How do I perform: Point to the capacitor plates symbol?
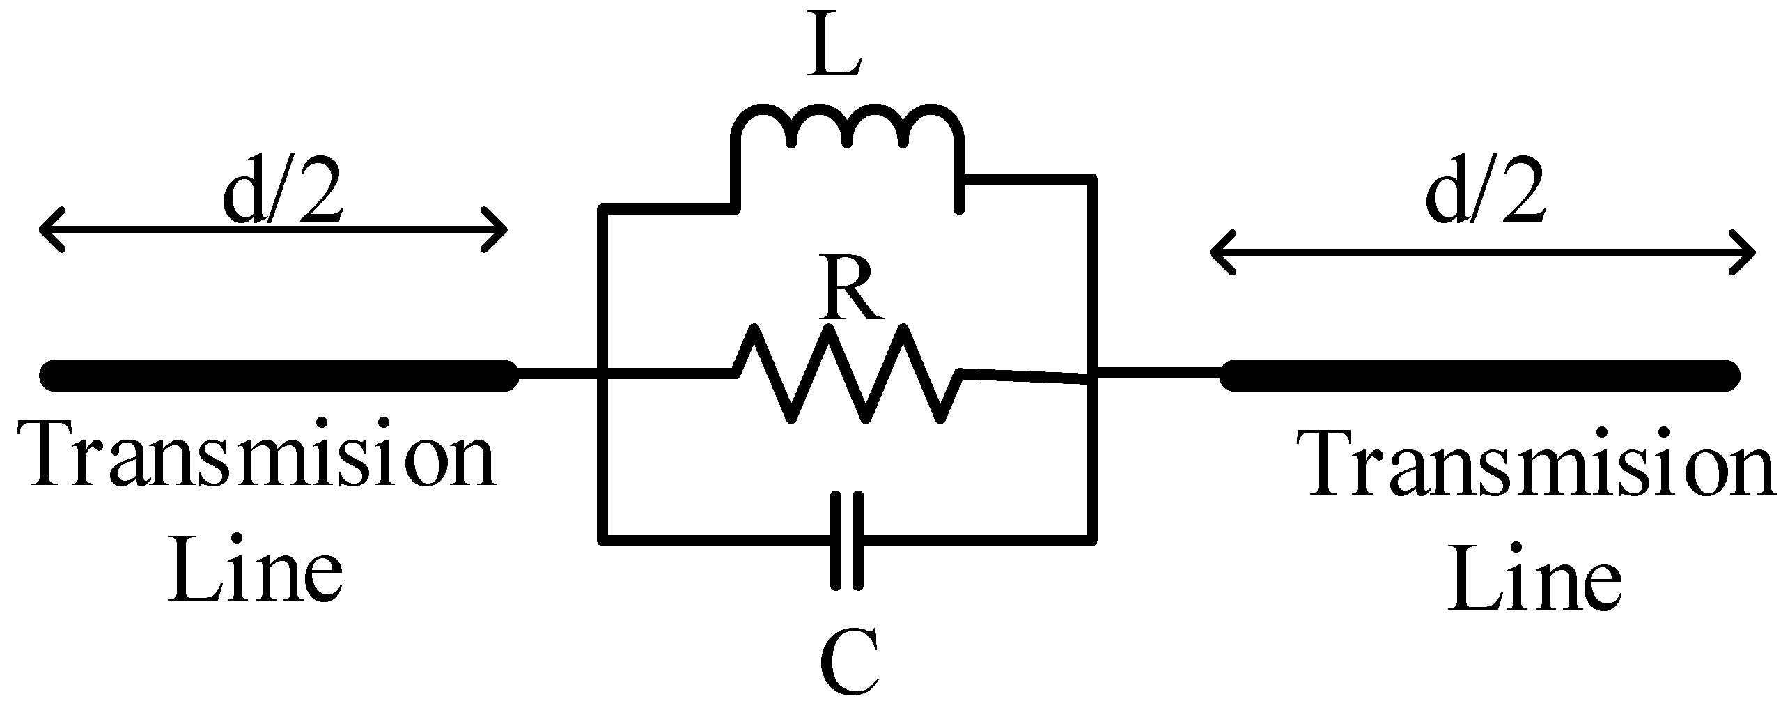click(x=847, y=541)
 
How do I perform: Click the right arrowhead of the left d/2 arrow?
click(x=496, y=229)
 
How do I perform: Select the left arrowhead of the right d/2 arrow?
click(x=1222, y=251)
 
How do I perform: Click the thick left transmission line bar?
click(x=279, y=375)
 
